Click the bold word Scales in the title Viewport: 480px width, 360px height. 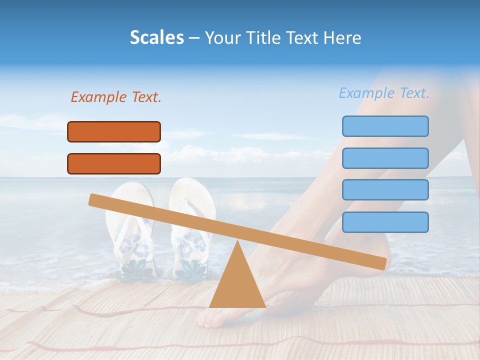tap(156, 37)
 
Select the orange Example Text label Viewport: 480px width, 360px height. tap(116, 97)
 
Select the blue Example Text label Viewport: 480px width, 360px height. tap(384, 93)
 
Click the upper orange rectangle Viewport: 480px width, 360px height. tap(114, 131)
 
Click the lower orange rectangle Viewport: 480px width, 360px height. tap(114, 163)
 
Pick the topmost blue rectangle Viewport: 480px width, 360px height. tap(385, 126)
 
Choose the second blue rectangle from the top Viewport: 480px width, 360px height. tap(385, 158)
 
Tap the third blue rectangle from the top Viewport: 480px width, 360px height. tap(385, 190)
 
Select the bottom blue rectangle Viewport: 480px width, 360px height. tap(385, 222)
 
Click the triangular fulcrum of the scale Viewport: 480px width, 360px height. tap(237, 285)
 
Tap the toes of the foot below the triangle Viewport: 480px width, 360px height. tap(210, 318)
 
